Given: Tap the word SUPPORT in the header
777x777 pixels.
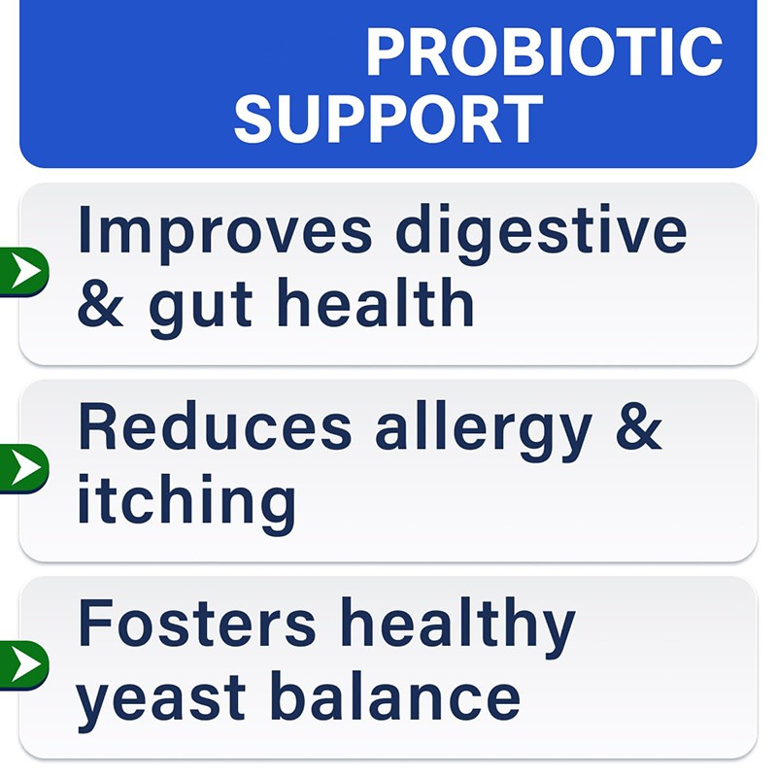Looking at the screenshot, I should click(388, 119).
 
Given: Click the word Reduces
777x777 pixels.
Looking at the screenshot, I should click(215, 428).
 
